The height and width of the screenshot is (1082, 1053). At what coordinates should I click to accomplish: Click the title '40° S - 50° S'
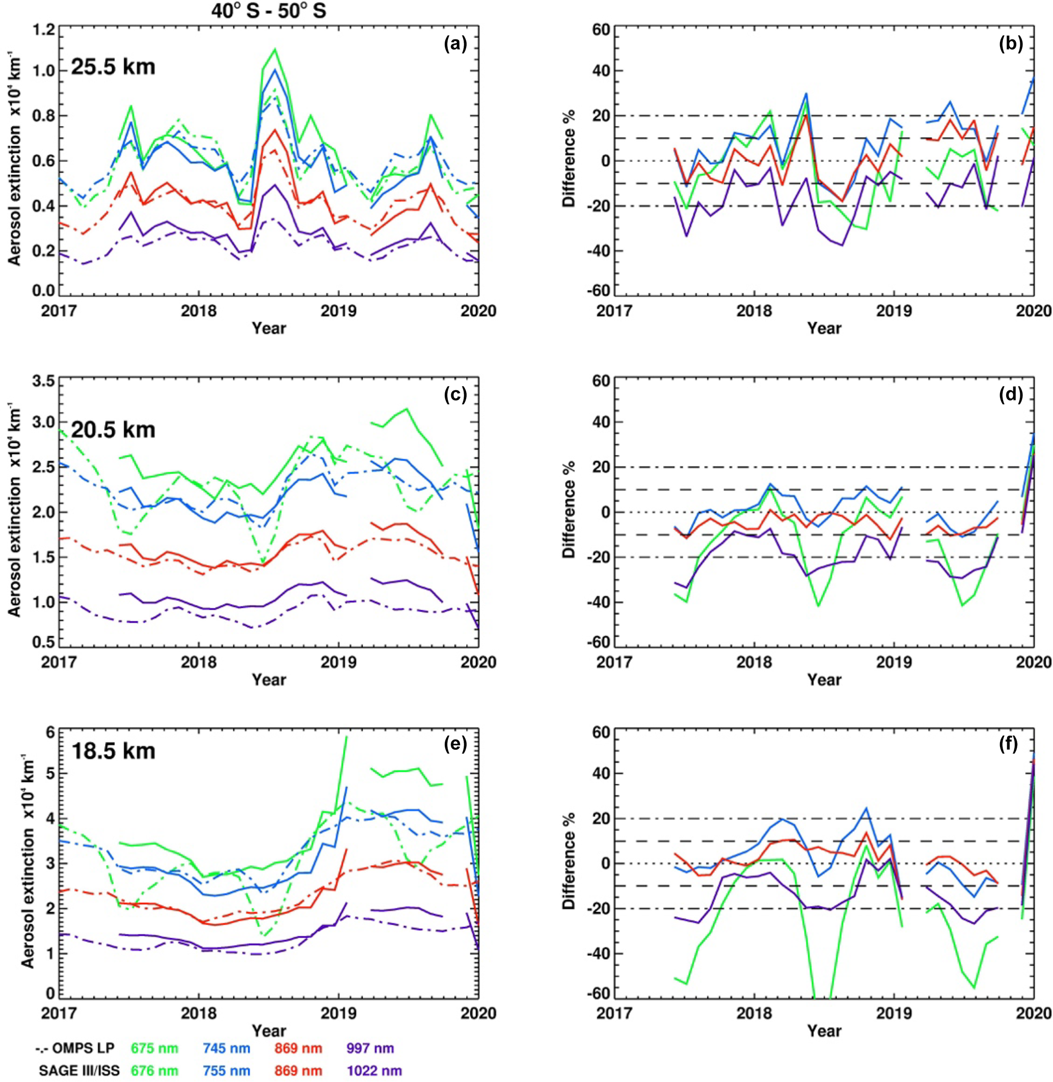(269, 11)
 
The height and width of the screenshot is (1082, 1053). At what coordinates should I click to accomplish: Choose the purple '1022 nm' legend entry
(374, 1070)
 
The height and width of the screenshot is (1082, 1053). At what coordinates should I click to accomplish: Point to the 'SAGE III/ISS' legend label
(78, 1070)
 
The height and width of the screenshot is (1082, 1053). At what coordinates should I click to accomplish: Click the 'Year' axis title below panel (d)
(824, 680)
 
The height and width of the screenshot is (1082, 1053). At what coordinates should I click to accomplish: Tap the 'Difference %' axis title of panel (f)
(570, 864)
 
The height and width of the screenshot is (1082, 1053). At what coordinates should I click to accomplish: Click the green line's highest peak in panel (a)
(275, 49)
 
